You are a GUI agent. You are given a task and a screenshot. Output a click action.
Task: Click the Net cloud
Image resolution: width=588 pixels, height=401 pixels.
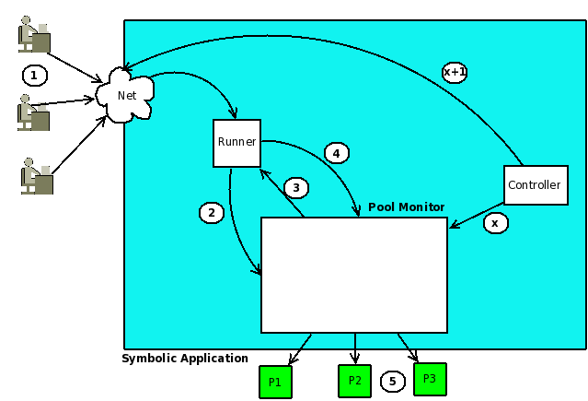tap(125, 95)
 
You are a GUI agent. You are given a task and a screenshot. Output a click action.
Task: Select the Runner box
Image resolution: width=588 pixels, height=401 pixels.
tap(237, 143)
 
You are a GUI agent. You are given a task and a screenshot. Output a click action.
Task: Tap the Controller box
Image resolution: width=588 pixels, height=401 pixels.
tap(536, 185)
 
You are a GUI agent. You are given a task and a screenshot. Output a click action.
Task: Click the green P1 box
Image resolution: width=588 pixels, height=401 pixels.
tap(276, 383)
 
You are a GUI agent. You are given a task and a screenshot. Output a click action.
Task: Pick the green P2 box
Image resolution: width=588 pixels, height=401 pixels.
tap(355, 381)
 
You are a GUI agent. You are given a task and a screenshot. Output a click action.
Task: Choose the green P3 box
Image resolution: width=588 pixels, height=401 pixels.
tap(430, 379)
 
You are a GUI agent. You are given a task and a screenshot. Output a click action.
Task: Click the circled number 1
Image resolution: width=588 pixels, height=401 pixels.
tap(35, 76)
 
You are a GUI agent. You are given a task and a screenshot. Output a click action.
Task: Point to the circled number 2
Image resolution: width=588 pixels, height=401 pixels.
tap(212, 213)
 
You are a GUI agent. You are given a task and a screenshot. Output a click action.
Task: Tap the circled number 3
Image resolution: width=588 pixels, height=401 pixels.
tap(296, 187)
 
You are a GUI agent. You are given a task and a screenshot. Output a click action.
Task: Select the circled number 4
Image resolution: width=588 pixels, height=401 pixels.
tap(337, 153)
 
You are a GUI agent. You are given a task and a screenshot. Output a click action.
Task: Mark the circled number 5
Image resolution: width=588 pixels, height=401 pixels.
tap(393, 382)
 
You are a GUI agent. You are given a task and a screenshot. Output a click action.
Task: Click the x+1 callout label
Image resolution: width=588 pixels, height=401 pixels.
tap(455, 72)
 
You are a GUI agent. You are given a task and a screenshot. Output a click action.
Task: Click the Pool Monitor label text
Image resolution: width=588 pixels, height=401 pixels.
tap(406, 207)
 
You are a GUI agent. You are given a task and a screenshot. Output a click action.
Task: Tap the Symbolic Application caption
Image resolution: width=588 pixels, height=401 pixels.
tap(185, 359)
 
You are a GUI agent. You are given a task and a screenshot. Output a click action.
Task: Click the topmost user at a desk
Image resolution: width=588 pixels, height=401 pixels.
tap(34, 34)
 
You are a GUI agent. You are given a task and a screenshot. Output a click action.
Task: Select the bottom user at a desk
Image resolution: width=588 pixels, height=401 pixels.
tap(37, 176)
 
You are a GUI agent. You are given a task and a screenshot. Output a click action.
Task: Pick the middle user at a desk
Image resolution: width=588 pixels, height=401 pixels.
tap(33, 112)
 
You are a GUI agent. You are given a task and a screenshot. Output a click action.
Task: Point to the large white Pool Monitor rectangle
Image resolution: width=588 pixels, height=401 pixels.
tap(354, 275)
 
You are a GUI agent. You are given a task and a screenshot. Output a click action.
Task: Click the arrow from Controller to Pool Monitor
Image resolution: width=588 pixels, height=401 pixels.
tap(477, 216)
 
